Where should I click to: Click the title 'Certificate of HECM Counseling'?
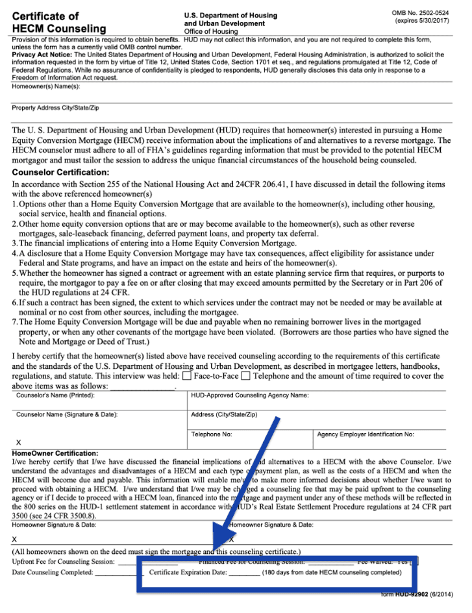click(58, 22)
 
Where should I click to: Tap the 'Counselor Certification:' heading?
click(60, 172)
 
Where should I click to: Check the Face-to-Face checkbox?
click(187, 376)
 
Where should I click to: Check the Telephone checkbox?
click(245, 376)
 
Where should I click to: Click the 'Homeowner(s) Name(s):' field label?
click(45, 85)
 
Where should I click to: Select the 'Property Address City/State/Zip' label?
click(55, 108)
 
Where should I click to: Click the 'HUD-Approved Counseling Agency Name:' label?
click(250, 395)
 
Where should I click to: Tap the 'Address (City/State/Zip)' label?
click(224, 414)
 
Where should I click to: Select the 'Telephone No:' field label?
click(212, 434)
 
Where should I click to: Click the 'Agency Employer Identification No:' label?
click(366, 434)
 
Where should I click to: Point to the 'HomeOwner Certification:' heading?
click(55, 453)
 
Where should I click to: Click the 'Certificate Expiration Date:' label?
click(188, 573)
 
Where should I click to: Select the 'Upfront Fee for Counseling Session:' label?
click(64, 561)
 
